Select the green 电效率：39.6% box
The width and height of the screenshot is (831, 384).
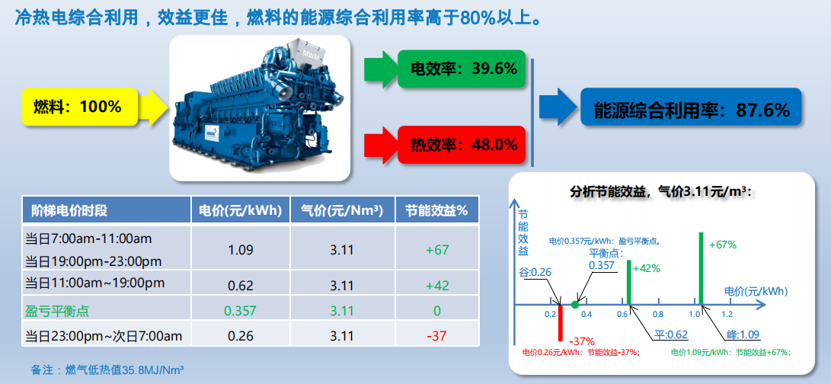461,69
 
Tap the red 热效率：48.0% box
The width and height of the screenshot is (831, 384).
461,144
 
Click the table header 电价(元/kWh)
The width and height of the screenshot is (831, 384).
241,210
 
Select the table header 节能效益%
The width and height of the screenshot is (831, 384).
436,210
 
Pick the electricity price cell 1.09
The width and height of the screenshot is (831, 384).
241,249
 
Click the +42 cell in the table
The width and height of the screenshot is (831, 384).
437,286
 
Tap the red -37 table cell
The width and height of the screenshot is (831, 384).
437,336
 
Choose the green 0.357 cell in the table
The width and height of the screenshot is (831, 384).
241,311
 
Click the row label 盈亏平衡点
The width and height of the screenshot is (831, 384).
56,311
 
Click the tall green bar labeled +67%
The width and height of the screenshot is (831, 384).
702,268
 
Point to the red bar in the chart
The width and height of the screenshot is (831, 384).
560,322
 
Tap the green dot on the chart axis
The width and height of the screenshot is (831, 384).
575,305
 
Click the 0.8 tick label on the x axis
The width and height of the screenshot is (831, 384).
657,315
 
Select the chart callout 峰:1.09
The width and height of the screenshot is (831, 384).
743,334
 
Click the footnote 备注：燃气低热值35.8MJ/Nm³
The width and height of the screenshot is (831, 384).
107,370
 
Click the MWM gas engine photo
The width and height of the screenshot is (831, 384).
260,108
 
